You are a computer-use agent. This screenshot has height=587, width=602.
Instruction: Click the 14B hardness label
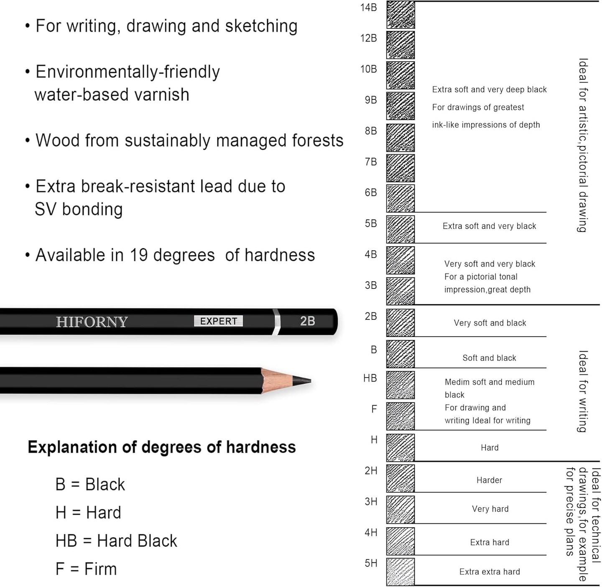pyautogui.click(x=368, y=8)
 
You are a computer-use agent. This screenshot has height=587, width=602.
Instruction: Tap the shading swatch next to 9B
pyautogui.click(x=400, y=106)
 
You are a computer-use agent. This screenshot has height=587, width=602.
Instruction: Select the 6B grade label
pyautogui.click(x=370, y=192)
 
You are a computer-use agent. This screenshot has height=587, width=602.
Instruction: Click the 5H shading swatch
pyautogui.click(x=400, y=572)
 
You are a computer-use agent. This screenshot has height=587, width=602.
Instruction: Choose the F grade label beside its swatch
pyautogui.click(x=374, y=409)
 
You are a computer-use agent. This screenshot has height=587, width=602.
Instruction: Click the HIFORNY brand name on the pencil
pyautogui.click(x=92, y=322)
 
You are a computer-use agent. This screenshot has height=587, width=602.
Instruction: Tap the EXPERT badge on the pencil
pyautogui.click(x=218, y=321)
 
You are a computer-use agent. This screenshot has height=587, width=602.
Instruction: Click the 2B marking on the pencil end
pyautogui.click(x=307, y=321)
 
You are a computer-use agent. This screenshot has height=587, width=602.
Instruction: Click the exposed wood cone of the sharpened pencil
pyautogui.click(x=276, y=380)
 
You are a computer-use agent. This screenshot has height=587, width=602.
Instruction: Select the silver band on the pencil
pyautogui.click(x=276, y=322)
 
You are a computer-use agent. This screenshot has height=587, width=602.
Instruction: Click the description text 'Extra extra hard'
pyautogui.click(x=490, y=572)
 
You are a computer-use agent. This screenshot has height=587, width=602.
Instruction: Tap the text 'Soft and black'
pyautogui.click(x=489, y=358)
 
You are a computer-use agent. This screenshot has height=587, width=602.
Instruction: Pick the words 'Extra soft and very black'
pyautogui.click(x=489, y=226)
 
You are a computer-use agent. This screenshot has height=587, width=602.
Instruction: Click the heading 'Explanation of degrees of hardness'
pyautogui.click(x=161, y=447)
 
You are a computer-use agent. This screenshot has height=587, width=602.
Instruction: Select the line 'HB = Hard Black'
pyautogui.click(x=116, y=541)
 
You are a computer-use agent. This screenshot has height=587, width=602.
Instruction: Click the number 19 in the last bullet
pyautogui.click(x=138, y=255)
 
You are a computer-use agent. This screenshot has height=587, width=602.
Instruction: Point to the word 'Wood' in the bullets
pyautogui.click(x=57, y=140)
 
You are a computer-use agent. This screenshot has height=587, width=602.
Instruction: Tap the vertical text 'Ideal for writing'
pyautogui.click(x=583, y=391)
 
